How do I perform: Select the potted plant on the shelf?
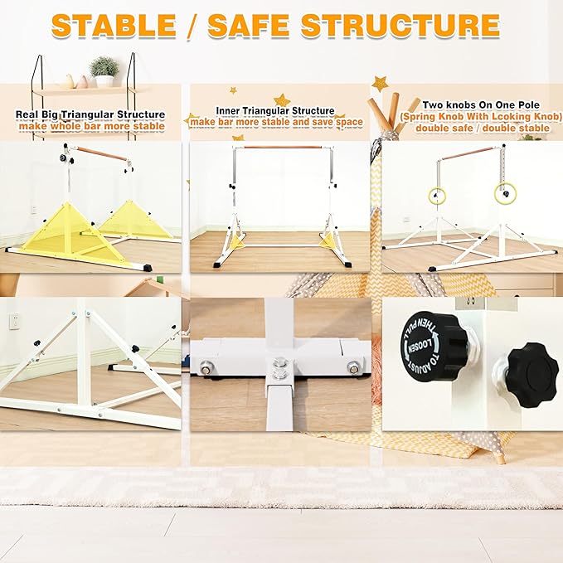(x=104, y=71)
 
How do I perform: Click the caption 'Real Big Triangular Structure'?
(x=90, y=114)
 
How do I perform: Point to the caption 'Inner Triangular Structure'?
(x=275, y=110)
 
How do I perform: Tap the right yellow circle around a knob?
(x=502, y=193)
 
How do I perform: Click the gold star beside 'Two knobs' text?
(x=380, y=84)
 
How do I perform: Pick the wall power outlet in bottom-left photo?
(x=14, y=321)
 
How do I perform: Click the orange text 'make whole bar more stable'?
(x=90, y=126)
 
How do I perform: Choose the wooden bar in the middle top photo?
(x=282, y=148)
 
